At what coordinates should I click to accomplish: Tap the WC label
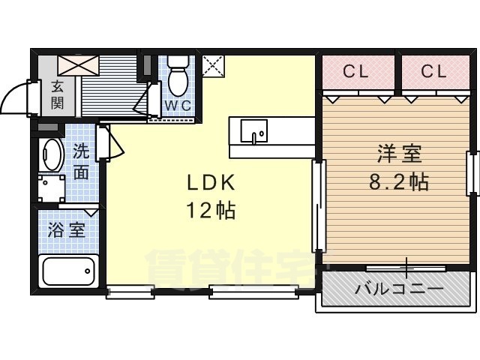pos(178,105)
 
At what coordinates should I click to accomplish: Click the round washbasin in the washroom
pos(51,154)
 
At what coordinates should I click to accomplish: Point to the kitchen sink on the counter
pos(253,130)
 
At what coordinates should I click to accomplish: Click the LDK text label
pos(211,183)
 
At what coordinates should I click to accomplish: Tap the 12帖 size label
pos(211,211)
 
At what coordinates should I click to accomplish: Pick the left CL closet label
pos(355,72)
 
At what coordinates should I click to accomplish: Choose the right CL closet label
pos(433,72)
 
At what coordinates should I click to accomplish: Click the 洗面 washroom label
pos(81,161)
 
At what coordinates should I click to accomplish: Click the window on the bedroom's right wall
pos(472,172)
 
